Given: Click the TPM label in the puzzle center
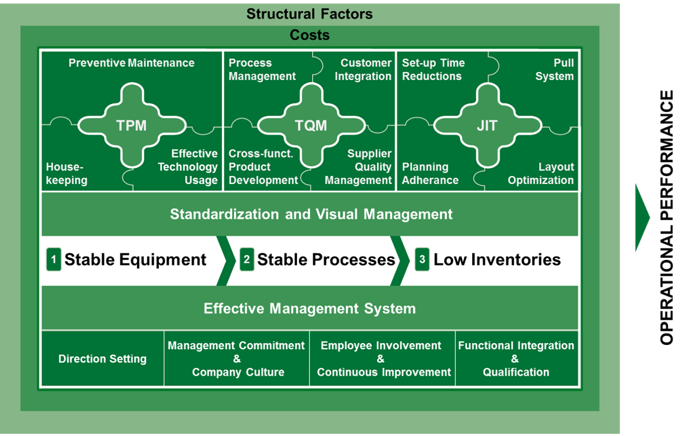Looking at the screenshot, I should point(131,125).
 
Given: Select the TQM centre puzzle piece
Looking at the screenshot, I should point(310,125).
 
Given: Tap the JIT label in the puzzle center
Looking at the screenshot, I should point(486,125).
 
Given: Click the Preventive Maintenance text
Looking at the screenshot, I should point(131,63).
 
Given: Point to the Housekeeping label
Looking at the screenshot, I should point(67,173).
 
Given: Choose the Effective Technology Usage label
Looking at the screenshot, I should point(187,167).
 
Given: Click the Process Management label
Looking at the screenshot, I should point(262,69).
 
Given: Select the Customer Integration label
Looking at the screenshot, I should point(363,69).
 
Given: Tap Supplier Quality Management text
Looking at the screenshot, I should point(359,167).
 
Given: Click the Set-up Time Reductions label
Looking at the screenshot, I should point(433,69).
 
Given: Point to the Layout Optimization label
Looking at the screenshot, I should point(541,173).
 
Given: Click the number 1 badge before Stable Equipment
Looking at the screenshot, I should point(54,259).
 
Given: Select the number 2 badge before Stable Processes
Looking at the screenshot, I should point(247,259).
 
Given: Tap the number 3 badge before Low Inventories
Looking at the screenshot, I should point(422,259).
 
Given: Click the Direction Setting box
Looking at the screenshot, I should point(102,359).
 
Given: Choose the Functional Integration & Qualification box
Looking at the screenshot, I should point(516,359).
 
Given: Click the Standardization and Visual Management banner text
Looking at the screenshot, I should point(311,214).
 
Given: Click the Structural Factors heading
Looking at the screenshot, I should point(309,13).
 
